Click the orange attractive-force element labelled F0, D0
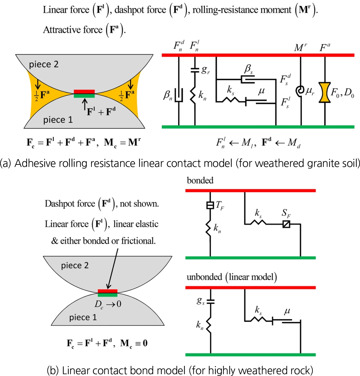coord(325,92)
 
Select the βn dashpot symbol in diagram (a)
coord(179,95)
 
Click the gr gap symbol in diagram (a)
coord(195,70)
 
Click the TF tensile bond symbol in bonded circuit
coord(210,205)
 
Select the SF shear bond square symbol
coord(286,224)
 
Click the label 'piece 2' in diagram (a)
coord(44,64)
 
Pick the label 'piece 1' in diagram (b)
coord(83,317)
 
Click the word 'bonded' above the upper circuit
coord(200,180)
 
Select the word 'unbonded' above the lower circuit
coord(204,277)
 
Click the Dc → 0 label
coord(108,304)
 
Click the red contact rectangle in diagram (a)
coord(84,92)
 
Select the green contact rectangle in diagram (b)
coord(107,295)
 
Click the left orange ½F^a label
coord(42,95)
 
